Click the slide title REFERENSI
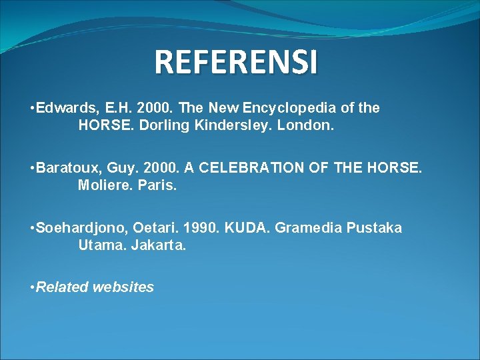(236, 62)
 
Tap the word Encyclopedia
(296, 108)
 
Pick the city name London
(313, 125)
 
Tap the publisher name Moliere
(103, 185)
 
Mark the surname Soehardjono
(79, 228)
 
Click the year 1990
(199, 228)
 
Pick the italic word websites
(123, 287)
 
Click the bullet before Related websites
(32, 287)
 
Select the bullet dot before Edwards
(32, 108)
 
